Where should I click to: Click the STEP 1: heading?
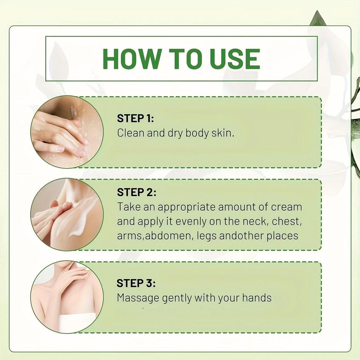click(135, 118)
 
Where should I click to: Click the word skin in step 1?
click(222, 134)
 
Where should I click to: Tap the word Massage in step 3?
click(138, 298)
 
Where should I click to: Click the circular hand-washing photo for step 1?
click(67, 132)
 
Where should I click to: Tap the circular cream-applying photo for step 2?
click(67, 214)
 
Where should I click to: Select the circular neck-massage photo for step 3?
click(67, 297)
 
